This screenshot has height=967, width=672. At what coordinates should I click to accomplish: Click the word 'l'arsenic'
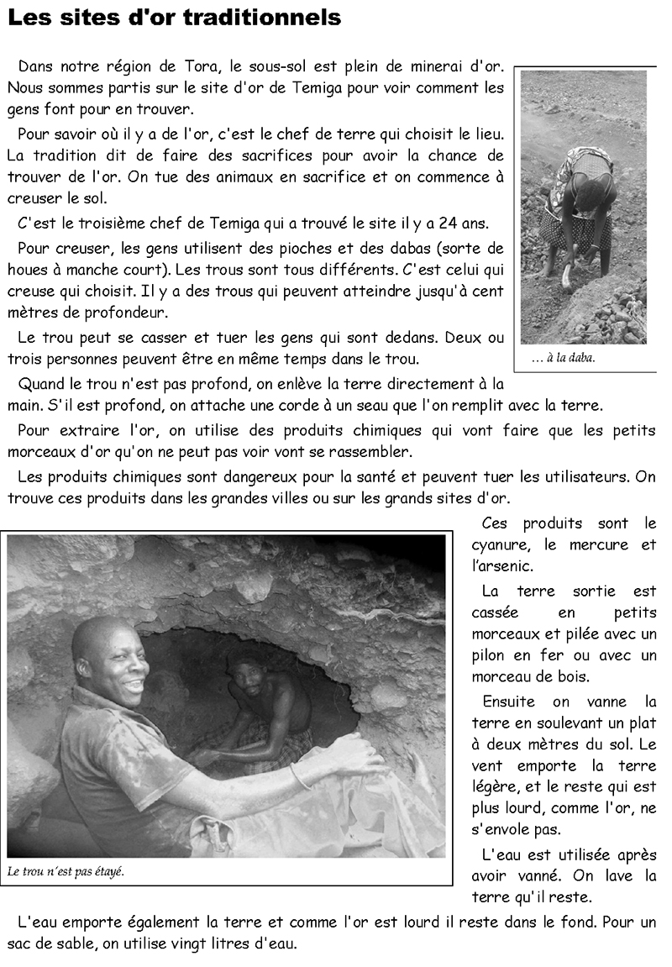(x=501, y=567)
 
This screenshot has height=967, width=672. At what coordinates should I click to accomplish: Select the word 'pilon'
(x=492, y=655)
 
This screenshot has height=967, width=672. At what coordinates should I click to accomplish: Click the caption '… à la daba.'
(x=563, y=359)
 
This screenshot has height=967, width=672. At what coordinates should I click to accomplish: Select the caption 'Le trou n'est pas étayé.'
(x=66, y=871)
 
